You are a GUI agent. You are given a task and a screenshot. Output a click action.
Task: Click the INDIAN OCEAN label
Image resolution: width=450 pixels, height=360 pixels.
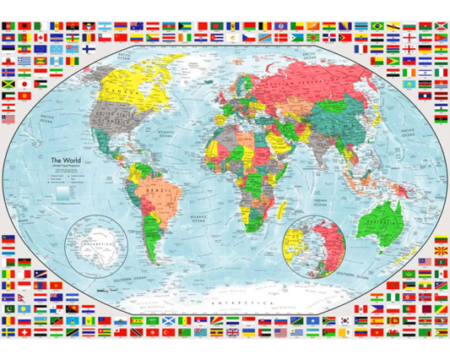(x=317, y=200)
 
